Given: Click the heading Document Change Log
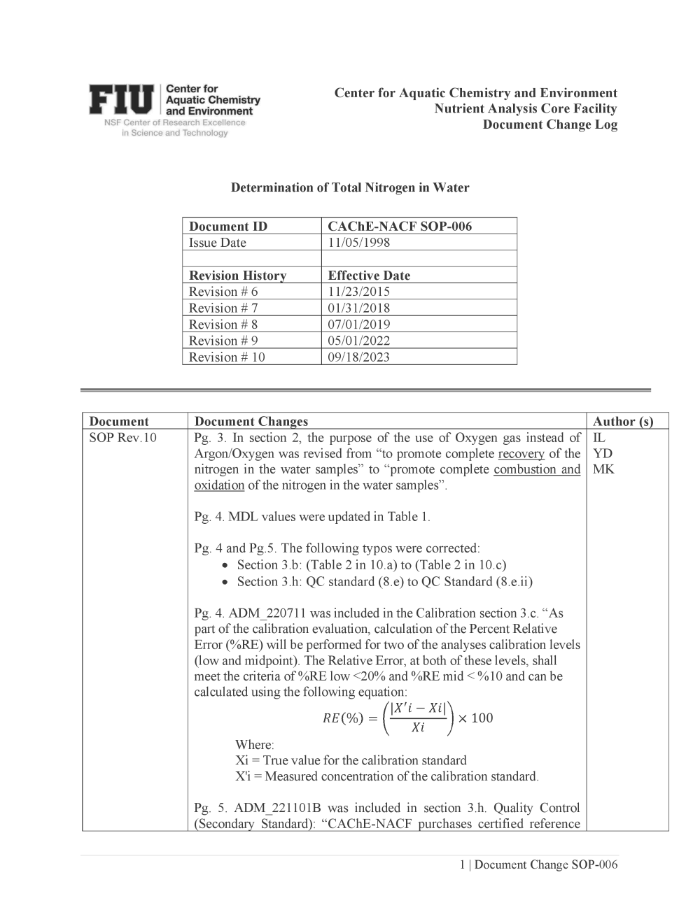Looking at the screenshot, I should (549, 124).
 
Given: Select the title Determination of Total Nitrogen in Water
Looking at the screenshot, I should (350, 187).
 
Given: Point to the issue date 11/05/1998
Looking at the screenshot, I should (359, 243).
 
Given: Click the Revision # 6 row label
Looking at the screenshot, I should (223, 292).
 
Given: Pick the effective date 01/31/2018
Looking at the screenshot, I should (359, 308).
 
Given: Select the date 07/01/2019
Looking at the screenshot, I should (359, 325).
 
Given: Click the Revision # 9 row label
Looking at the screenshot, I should (223, 341).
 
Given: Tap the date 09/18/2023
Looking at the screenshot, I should (359, 357).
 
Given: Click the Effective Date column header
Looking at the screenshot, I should (369, 276).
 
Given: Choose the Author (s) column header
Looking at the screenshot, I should (623, 421).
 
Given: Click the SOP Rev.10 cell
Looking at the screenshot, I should (123, 438).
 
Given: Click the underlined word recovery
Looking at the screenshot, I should (521, 453).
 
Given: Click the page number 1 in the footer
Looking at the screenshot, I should (462, 864).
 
